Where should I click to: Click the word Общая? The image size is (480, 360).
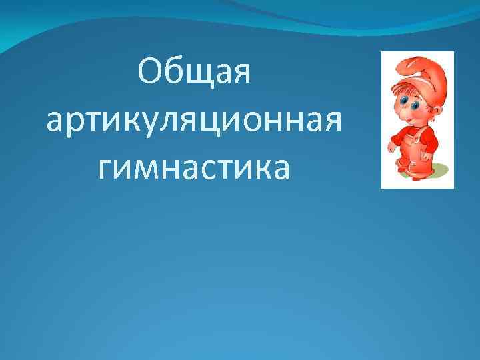(194, 73)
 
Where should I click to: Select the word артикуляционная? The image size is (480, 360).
(194, 121)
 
